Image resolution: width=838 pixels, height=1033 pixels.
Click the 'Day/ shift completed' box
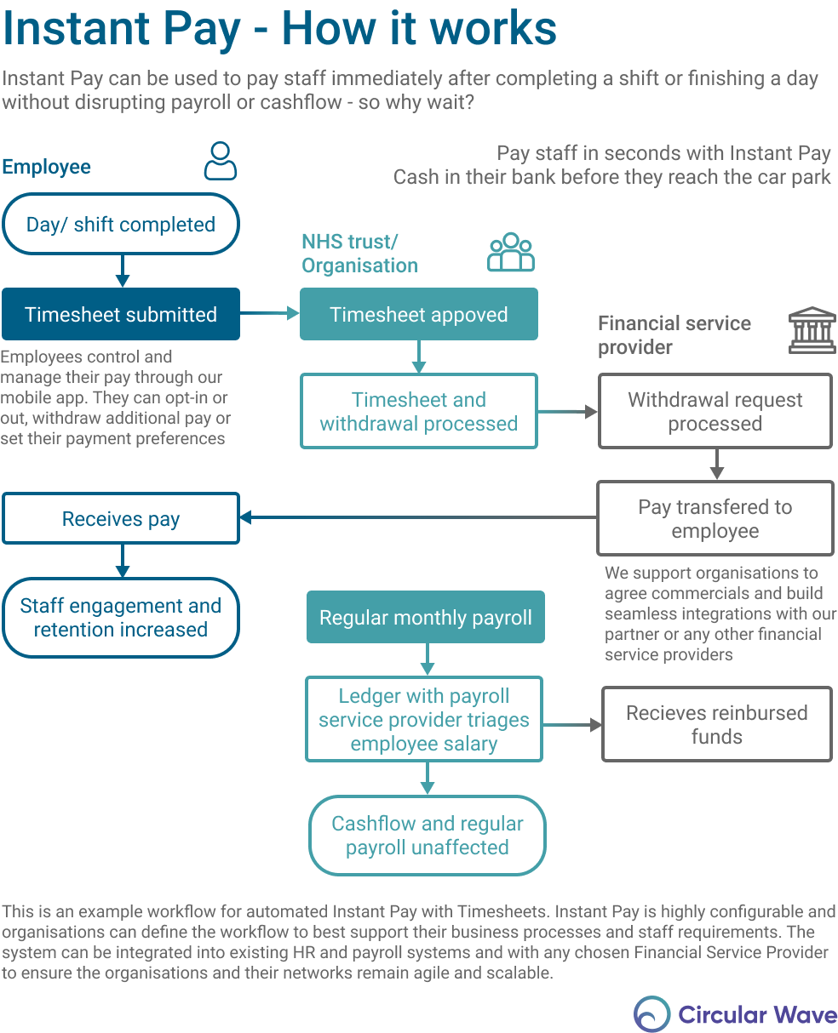(x=121, y=224)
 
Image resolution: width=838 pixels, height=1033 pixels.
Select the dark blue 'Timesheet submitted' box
(x=121, y=314)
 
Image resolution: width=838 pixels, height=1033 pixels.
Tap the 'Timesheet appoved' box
(x=418, y=314)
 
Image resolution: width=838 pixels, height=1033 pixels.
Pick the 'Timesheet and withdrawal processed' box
(x=418, y=411)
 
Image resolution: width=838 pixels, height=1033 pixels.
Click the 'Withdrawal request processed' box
(x=715, y=411)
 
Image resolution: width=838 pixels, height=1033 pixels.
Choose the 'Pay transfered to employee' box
(x=715, y=518)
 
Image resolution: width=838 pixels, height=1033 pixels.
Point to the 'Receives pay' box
(x=121, y=518)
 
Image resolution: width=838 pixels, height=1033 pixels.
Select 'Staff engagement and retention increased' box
(x=121, y=617)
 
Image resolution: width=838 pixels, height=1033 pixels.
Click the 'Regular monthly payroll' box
(x=425, y=617)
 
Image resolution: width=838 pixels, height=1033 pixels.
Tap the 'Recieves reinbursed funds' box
(x=716, y=724)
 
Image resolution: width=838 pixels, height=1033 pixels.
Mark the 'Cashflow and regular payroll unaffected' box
(x=427, y=835)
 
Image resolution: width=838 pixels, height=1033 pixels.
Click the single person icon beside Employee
(x=221, y=161)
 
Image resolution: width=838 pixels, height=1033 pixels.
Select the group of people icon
(x=511, y=252)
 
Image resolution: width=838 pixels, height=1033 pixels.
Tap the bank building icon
(x=812, y=330)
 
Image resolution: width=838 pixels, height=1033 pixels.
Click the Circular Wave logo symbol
(x=651, y=1014)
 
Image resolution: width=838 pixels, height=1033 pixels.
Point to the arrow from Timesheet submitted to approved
(x=269, y=314)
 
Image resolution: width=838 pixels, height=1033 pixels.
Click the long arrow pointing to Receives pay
(x=417, y=517)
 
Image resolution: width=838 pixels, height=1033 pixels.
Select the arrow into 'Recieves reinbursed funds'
(x=571, y=725)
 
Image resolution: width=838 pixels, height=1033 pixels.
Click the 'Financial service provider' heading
(x=674, y=334)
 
